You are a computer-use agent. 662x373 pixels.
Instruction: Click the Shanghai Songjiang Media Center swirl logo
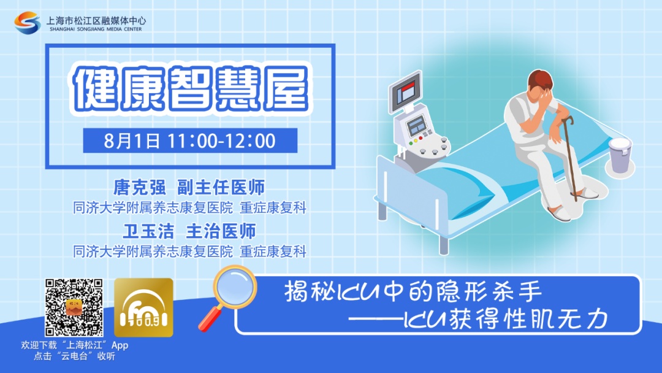tap(28, 22)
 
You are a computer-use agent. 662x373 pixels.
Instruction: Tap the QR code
tap(74, 307)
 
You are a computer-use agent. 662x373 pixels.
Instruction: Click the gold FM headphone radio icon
tap(143, 307)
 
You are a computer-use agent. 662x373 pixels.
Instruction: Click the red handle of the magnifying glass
tap(210, 319)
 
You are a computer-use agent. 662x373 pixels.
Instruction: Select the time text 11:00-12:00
tap(221, 140)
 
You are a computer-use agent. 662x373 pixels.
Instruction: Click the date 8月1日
tap(132, 140)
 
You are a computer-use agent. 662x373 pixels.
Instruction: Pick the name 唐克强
tap(139, 187)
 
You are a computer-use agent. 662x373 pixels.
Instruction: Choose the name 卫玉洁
tap(148, 231)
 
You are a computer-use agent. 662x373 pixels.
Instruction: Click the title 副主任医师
tap(221, 187)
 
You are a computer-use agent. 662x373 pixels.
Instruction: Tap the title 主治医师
tap(221, 231)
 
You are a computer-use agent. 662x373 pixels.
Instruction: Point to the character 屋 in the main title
tap(287, 89)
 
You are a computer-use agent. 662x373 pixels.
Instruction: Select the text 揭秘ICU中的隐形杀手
tap(413, 292)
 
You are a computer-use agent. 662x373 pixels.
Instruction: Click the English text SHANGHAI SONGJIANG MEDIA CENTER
tap(96, 29)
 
